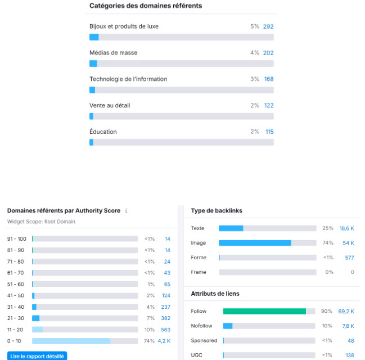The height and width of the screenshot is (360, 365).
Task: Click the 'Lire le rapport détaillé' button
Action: click(37, 356)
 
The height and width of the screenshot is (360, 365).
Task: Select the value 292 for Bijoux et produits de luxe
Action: click(268, 26)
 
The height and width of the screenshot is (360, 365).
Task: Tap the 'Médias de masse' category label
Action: click(113, 53)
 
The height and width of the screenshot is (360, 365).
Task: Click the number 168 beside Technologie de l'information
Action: click(269, 79)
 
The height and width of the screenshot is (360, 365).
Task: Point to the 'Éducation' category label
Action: click(103, 132)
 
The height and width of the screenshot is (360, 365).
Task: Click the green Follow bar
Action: click(264, 311)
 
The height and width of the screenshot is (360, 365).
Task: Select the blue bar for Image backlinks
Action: click(255, 243)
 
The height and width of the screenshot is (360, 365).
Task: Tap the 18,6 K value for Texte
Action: click(346, 228)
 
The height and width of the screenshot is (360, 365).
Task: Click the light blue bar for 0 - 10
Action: click(71, 341)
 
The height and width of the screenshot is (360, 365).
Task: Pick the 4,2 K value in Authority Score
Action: click(164, 341)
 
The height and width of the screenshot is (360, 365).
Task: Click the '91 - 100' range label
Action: click(17, 239)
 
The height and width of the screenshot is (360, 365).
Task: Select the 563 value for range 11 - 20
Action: click(165, 330)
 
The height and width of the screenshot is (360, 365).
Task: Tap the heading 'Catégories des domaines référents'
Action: click(146, 6)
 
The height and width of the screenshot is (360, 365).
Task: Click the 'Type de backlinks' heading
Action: click(217, 211)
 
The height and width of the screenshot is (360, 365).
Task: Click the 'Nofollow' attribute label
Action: click(201, 326)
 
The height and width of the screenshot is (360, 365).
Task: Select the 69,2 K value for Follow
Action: click(346, 311)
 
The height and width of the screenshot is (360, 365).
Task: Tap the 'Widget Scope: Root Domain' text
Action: click(41, 222)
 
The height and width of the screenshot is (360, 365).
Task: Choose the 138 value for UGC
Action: click(350, 355)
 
